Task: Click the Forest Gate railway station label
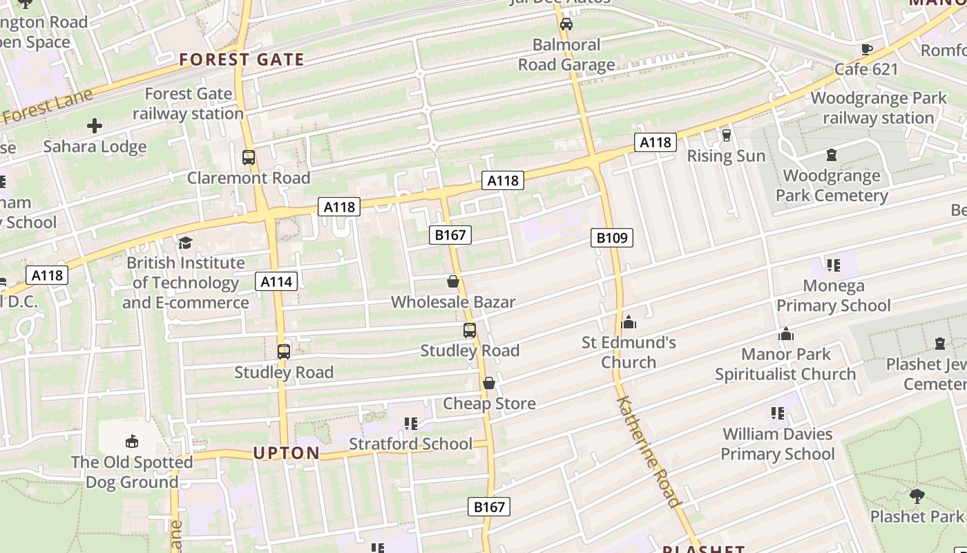(188, 104)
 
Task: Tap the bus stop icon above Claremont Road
(249, 158)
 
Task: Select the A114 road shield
(277, 281)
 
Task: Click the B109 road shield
(612, 238)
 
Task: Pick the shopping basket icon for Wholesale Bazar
(453, 281)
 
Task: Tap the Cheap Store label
(489, 404)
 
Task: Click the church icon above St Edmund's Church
(629, 322)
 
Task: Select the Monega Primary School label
(834, 296)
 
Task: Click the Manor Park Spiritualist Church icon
(786, 335)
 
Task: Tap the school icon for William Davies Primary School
(778, 413)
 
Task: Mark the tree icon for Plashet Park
(917, 495)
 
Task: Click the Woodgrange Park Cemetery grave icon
(832, 155)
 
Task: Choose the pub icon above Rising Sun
(726, 135)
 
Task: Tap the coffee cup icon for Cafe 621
(866, 48)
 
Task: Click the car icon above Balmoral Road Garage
(566, 24)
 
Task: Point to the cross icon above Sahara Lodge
(95, 126)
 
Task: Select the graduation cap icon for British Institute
(185, 243)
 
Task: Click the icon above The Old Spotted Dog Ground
(132, 441)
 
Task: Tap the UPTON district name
(287, 453)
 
